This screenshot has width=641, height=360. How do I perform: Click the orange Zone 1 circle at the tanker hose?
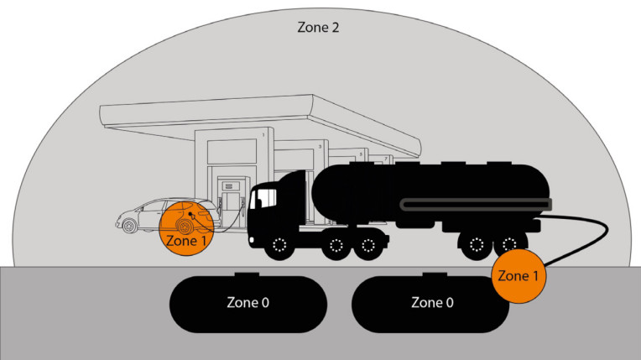coord(514,274)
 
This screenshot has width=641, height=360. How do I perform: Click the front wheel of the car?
coord(130,225)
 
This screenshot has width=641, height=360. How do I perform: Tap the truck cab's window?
coord(265,198)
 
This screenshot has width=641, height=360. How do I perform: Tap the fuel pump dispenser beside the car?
coord(229,200)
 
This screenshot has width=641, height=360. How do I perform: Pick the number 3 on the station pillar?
coord(320,145)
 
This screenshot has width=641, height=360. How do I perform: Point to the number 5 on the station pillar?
coord(361,154)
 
